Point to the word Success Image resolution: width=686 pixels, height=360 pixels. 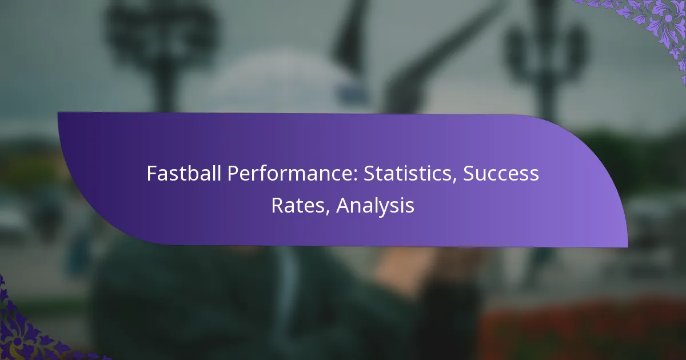pyautogui.click(x=501, y=174)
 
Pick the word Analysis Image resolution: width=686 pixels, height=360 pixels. pyautogui.click(x=375, y=206)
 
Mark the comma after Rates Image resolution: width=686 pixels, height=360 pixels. pyautogui.click(x=328, y=213)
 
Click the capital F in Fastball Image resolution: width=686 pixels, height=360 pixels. pyautogui.click(x=152, y=174)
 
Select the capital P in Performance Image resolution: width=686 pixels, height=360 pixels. pyautogui.click(x=233, y=174)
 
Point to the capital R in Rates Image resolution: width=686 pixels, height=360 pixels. pyautogui.click(x=277, y=205)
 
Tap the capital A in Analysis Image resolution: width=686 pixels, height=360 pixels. pyautogui.click(x=344, y=205)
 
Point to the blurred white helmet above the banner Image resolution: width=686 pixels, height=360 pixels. pyautogui.click(x=276, y=83)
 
